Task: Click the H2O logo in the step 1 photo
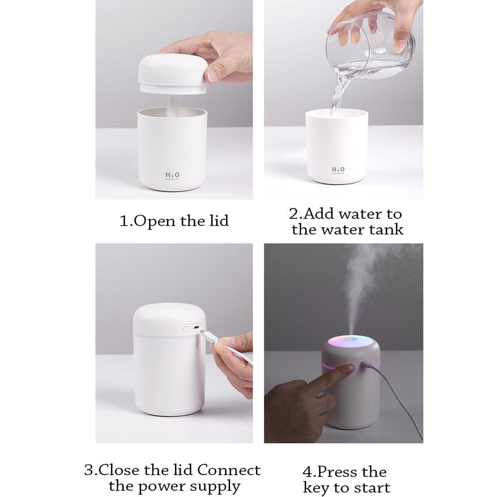tap(172, 176)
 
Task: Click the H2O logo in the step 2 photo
tap(338, 171)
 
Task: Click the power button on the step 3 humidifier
tap(187, 329)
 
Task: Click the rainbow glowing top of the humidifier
tap(350, 341)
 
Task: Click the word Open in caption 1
tap(156, 221)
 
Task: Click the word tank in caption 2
tap(386, 229)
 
